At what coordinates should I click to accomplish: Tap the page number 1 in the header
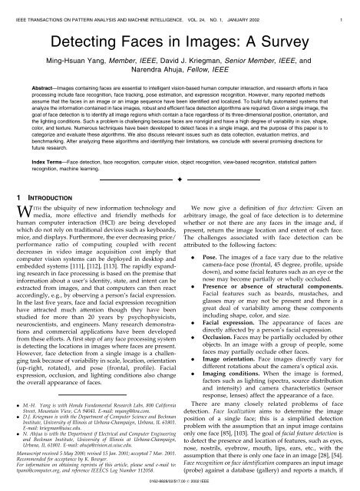352,7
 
